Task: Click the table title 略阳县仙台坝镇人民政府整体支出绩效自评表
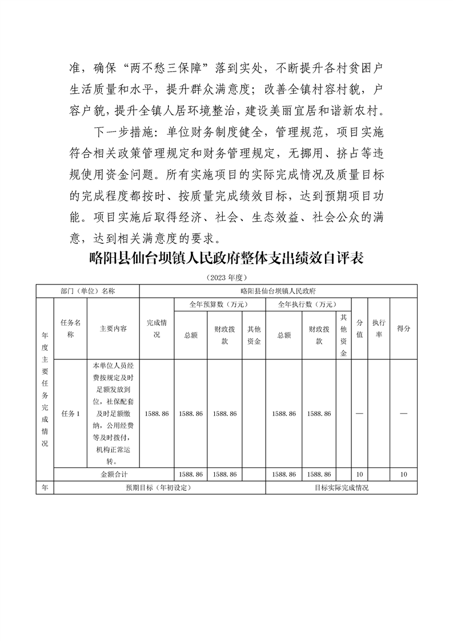[x=227, y=259]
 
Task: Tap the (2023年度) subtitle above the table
[x=226, y=277]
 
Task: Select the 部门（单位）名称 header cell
[x=88, y=291]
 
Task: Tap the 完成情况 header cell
[x=157, y=329]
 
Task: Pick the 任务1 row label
[x=70, y=414]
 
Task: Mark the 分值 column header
[x=359, y=329]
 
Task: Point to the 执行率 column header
[x=378, y=329]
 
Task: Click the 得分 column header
[x=403, y=329]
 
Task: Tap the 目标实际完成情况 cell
[x=342, y=488]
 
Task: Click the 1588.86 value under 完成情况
[x=157, y=414]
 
